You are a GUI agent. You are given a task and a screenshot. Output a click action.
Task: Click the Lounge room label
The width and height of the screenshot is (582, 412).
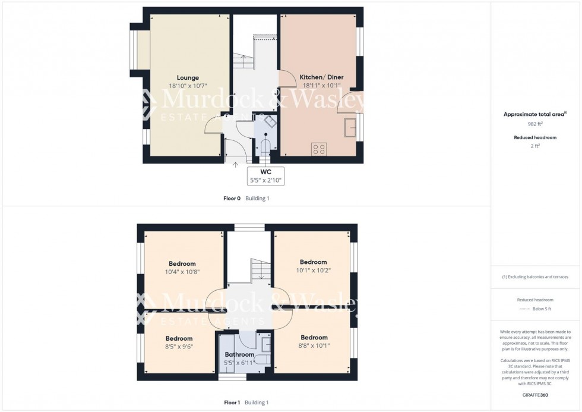click(x=188, y=78)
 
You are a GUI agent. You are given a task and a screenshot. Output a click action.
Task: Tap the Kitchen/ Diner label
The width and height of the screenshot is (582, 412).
click(x=321, y=78)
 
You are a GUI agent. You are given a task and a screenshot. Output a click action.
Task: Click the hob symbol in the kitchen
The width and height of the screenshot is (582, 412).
click(x=318, y=149)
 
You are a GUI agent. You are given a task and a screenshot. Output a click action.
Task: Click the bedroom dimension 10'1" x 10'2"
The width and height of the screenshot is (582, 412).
click(x=313, y=270)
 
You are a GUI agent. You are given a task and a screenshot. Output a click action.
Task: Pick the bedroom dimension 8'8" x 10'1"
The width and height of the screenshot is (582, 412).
click(x=314, y=345)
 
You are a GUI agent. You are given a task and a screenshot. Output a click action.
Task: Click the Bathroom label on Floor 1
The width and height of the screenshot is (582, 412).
click(x=239, y=355)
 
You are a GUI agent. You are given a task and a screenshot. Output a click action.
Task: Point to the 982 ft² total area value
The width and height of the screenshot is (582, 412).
click(x=536, y=124)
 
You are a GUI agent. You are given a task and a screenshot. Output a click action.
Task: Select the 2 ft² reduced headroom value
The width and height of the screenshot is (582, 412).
click(x=536, y=146)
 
